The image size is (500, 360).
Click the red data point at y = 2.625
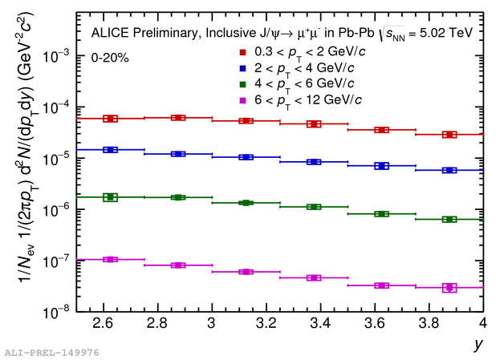point(110,119)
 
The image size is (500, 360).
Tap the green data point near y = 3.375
point(314,207)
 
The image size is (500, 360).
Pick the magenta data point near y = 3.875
point(449,287)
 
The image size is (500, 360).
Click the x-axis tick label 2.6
point(102,325)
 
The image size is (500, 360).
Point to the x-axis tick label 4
point(482,325)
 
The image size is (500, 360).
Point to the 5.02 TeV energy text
point(445,34)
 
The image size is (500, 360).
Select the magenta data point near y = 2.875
point(178,265)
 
